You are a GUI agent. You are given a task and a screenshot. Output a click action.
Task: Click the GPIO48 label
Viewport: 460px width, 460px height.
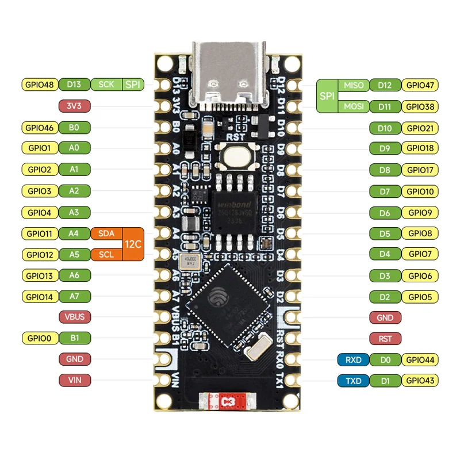[40, 85]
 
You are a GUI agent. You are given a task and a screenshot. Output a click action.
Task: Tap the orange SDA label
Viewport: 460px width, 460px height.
[106, 233]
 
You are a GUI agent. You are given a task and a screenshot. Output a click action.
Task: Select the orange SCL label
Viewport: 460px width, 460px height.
[106, 254]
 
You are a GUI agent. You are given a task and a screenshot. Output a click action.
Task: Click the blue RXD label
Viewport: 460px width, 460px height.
[353, 360]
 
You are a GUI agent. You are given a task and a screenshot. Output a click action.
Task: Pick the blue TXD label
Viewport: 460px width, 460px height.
[353, 381]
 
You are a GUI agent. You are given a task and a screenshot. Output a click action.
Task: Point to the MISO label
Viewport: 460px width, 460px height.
[354, 85]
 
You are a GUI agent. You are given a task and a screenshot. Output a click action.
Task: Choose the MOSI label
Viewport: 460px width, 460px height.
[354, 106]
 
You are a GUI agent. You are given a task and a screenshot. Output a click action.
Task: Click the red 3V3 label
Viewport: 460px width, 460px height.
[74, 106]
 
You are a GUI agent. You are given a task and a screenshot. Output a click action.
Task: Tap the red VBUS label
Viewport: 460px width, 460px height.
[74, 317]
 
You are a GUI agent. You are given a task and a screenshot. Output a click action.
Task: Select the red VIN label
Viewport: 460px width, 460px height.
[74, 380]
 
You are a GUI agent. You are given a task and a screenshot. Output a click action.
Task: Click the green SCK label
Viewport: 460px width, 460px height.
[106, 85]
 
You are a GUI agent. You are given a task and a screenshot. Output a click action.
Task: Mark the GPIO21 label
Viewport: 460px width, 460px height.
[420, 128]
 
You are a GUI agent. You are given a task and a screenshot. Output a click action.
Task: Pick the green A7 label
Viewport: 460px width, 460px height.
[74, 297]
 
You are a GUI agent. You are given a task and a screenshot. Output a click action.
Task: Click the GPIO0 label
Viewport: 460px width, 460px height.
[40, 338]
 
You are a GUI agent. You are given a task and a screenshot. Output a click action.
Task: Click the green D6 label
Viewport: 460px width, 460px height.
[385, 213]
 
